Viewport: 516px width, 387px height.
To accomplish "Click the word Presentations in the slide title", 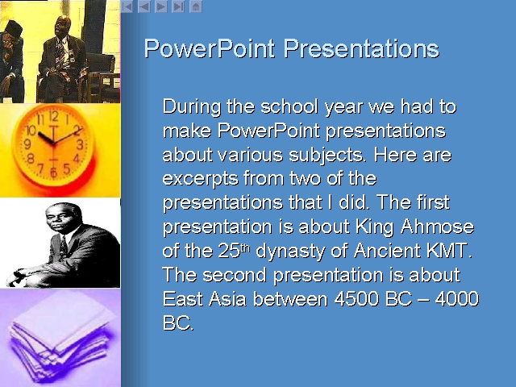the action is coord(361,48).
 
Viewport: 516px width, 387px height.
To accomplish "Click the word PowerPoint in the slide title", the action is coord(210,48).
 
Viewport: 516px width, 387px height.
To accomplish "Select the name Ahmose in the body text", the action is coord(437,227).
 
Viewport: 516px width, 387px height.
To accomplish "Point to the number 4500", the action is coord(356,299).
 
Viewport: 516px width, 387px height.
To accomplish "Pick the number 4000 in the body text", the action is coord(457,299).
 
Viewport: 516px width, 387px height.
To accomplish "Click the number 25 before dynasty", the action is coord(229,251).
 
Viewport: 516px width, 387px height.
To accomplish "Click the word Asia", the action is coord(227,299).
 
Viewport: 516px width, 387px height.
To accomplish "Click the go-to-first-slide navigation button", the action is coord(127,6).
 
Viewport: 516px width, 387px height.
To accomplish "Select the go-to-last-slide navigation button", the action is coord(178,6).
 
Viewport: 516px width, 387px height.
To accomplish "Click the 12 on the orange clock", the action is coord(54,116).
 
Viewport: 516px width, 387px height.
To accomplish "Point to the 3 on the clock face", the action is coord(80,144).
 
